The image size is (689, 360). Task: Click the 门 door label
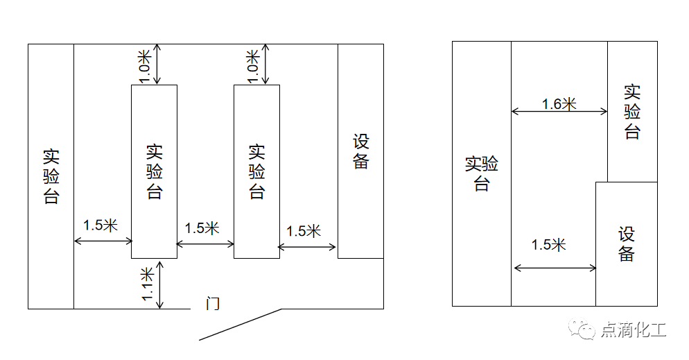[x=213, y=303]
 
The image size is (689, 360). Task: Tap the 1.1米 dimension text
[x=148, y=284]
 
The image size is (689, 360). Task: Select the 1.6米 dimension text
[x=559, y=104]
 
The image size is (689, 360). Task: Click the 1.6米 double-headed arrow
[x=559, y=112]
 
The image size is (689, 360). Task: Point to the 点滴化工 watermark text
[x=633, y=329]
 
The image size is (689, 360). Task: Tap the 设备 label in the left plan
[x=360, y=152]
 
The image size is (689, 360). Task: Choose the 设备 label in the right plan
[x=627, y=244]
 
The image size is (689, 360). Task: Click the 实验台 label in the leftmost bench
[x=51, y=176]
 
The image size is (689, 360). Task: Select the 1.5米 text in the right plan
[x=548, y=245]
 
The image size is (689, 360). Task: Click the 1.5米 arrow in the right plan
[x=555, y=268]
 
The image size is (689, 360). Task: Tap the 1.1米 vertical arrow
[x=160, y=285]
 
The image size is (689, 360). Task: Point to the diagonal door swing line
[x=241, y=325]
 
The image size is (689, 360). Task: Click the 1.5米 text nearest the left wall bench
[x=101, y=225]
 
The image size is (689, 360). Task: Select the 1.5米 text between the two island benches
[x=202, y=228]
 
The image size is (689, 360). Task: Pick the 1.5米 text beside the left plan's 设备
[x=304, y=231]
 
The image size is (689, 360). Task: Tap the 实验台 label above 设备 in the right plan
[x=632, y=112]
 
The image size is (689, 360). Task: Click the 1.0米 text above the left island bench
[x=145, y=67]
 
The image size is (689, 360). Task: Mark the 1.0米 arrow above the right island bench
[x=265, y=65]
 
